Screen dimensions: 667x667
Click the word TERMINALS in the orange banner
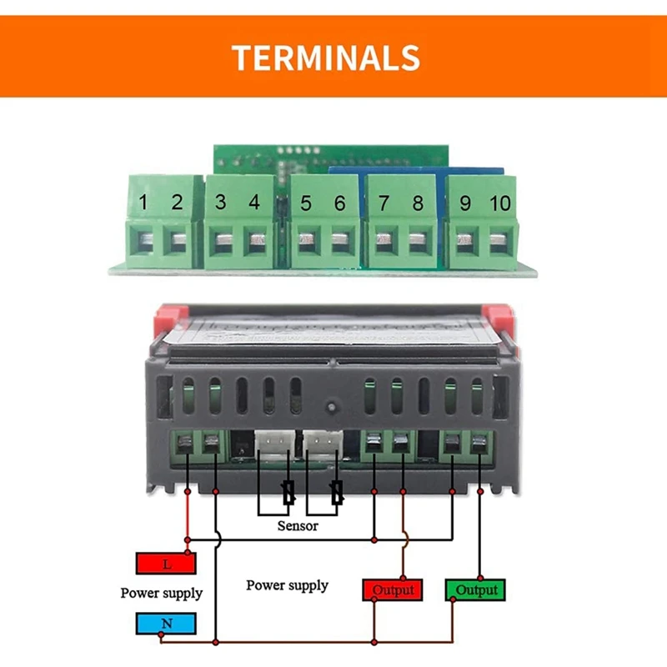325,58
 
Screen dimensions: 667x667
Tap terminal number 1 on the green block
143,202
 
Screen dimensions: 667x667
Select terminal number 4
254,202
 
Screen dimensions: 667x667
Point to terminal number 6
339,203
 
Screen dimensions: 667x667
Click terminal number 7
384,203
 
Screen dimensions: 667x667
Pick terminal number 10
499,203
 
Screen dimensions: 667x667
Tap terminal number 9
465,203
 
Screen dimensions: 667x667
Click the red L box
166,564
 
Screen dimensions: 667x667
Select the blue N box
166,622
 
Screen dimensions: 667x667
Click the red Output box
393,589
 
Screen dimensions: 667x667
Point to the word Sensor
297,526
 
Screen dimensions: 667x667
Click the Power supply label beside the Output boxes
287,585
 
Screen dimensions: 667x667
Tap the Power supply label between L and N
161,594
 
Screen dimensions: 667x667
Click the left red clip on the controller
164,320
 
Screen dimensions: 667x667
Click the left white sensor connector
271,443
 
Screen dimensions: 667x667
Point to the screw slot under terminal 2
178,243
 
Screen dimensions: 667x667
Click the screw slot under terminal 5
307,243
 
